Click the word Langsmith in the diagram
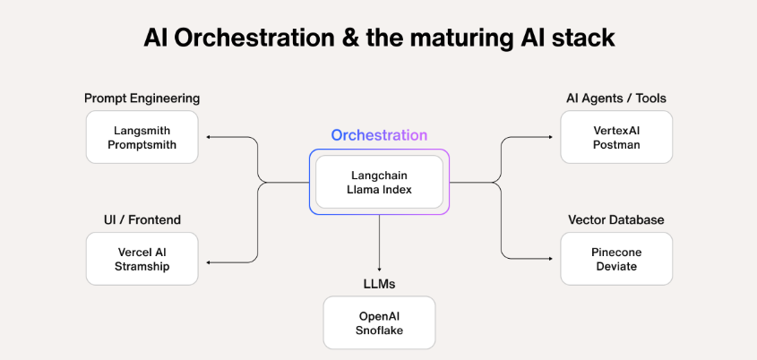click(x=142, y=130)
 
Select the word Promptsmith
click(x=142, y=145)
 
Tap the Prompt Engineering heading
click(x=142, y=98)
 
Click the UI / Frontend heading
click(x=142, y=219)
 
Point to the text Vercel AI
click(x=142, y=252)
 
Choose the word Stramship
click(x=142, y=267)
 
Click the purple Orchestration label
click(x=379, y=135)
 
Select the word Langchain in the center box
click(x=379, y=175)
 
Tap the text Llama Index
click(x=379, y=190)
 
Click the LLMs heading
click(x=379, y=284)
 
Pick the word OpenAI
click(x=379, y=316)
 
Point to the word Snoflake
click(x=379, y=331)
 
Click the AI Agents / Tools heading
click(x=616, y=98)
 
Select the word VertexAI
click(x=616, y=130)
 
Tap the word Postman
click(x=616, y=145)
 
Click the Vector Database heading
click(x=616, y=219)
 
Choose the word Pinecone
click(x=616, y=252)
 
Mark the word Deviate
click(x=616, y=267)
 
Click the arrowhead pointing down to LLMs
click(x=379, y=269)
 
